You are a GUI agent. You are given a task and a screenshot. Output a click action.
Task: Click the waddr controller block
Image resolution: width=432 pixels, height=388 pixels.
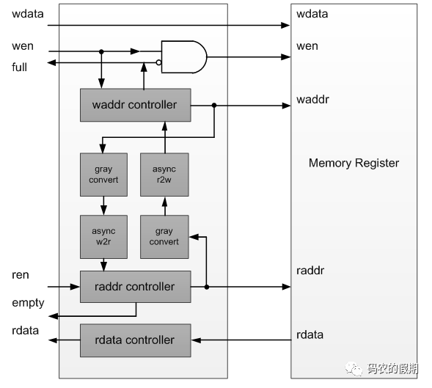(135, 105)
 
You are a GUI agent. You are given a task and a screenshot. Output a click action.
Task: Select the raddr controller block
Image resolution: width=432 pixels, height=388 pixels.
(135, 287)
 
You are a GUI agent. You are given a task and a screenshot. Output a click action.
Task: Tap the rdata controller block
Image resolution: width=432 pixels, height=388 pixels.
(135, 340)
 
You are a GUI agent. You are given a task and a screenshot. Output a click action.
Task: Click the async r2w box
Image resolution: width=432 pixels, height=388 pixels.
(164, 175)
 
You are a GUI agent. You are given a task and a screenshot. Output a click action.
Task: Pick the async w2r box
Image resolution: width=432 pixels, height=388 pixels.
(103, 236)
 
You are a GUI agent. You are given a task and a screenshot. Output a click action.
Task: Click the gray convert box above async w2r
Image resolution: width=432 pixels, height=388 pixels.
(103, 175)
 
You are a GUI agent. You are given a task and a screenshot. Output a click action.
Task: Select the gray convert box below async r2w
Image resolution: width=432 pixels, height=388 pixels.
(164, 236)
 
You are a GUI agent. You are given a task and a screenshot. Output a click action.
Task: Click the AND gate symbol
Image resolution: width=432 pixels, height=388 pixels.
(183, 56)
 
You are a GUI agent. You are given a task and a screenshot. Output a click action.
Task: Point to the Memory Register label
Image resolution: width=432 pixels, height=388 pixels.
(354, 163)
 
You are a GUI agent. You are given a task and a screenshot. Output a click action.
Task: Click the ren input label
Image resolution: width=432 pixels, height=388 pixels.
(21, 275)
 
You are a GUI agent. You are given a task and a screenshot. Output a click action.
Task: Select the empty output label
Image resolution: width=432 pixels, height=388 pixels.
(28, 303)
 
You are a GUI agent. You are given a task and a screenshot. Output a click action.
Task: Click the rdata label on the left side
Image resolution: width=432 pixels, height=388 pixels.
(25, 331)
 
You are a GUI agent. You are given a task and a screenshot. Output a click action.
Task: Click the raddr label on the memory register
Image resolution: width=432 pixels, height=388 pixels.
(310, 271)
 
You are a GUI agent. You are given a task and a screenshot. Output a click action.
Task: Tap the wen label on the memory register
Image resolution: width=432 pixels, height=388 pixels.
(307, 46)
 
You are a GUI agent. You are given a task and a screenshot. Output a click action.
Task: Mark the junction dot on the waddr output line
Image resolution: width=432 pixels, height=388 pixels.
(213, 106)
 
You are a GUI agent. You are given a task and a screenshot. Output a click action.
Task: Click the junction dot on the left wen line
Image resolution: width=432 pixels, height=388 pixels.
(101, 51)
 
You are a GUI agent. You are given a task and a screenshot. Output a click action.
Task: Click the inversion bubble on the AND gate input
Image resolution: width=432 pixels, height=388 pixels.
(158, 62)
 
